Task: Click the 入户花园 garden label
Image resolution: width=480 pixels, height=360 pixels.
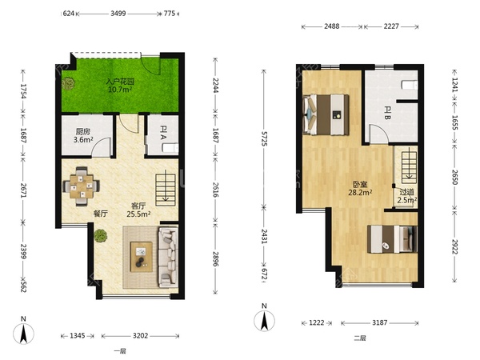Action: point(120,82)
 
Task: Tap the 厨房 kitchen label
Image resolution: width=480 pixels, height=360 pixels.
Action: point(83,132)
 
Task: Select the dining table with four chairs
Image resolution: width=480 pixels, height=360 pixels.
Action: point(81,186)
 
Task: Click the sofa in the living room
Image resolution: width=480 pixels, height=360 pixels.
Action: point(168,257)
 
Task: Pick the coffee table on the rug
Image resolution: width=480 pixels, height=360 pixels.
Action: point(141,257)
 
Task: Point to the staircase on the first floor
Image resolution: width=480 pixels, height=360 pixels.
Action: point(166,190)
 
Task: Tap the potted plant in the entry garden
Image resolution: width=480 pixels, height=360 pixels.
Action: point(68,83)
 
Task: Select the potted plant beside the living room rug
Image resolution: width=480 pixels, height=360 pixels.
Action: point(101,236)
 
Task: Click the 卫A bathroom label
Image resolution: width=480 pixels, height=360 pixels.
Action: point(163,134)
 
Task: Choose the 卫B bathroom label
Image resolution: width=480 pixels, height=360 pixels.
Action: point(387,113)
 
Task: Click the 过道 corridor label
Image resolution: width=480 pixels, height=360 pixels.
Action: point(407,192)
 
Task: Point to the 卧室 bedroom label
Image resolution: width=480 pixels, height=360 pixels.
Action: point(360,184)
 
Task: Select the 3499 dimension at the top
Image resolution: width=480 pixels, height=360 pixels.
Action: point(118,14)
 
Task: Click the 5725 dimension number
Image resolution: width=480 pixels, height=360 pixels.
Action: point(263,139)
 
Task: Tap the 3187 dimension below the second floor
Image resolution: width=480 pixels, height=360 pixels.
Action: point(379,322)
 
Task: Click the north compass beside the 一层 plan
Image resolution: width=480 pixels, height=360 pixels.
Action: point(23,333)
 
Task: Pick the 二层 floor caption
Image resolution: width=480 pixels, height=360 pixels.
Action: point(360,338)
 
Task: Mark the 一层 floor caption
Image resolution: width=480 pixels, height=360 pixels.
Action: point(120,351)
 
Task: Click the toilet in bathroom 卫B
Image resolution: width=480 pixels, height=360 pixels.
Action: point(410,85)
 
